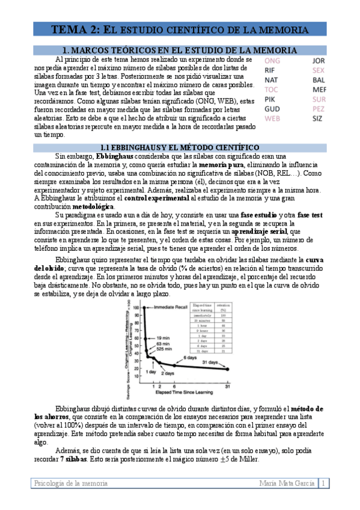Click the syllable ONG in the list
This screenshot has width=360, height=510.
[x=272, y=61]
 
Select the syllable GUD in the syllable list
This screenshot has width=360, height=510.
[x=272, y=109]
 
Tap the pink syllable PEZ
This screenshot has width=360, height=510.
[x=319, y=109]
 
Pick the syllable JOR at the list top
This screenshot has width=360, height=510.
[x=319, y=61]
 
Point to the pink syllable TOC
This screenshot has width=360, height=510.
[x=272, y=90]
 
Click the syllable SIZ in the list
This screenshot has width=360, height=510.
[x=317, y=118]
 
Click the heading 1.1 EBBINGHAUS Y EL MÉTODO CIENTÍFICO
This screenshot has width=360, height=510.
[x=180, y=147]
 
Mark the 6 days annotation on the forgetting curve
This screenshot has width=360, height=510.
[x=191, y=358]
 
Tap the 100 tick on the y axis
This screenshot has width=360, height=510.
[x=136, y=307]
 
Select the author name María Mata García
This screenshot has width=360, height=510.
[x=287, y=483]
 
